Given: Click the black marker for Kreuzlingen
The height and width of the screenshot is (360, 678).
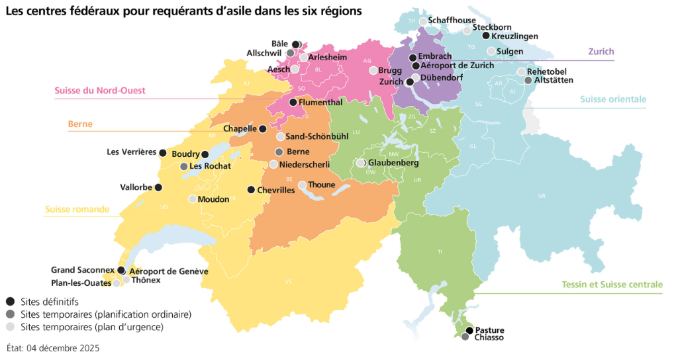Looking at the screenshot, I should [x=486, y=36].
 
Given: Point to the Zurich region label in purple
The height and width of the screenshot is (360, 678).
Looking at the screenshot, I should [x=601, y=52].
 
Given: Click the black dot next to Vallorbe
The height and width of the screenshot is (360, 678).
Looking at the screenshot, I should [x=158, y=187].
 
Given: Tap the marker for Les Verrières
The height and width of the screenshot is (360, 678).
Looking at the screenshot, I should [x=162, y=152].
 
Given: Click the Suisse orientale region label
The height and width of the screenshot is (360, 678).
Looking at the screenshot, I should [x=612, y=99].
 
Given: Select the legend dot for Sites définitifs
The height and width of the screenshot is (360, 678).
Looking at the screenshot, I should [x=10, y=301].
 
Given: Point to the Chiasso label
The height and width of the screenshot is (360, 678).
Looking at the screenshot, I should [x=489, y=337].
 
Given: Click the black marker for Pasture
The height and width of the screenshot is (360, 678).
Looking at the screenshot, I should [x=469, y=330].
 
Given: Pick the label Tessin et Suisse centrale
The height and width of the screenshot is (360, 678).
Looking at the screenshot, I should [x=608, y=285].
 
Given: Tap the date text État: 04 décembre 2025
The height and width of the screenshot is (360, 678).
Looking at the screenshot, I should [x=53, y=347].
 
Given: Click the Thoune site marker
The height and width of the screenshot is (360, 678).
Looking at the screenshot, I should [x=303, y=185].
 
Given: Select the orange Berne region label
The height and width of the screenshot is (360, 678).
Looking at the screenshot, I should [x=79, y=124].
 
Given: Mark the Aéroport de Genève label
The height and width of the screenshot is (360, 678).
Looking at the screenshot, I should [x=169, y=271].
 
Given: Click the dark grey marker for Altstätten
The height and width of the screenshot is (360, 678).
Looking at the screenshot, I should [x=528, y=80].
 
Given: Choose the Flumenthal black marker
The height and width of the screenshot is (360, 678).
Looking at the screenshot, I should [x=293, y=103].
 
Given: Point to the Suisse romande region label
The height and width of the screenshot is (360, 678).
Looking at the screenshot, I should [x=77, y=209].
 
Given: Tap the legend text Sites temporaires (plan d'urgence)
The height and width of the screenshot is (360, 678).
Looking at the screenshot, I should [x=91, y=327].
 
